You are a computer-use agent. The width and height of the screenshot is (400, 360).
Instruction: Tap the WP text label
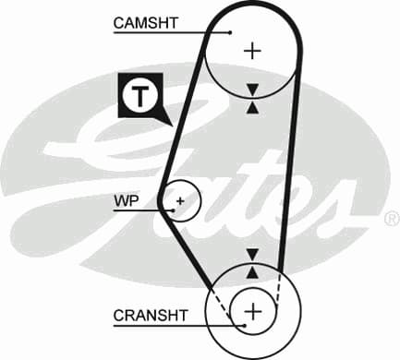point(126,199)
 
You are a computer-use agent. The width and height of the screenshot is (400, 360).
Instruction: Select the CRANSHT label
point(151,316)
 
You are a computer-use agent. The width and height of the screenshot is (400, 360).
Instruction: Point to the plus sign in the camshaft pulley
point(251,50)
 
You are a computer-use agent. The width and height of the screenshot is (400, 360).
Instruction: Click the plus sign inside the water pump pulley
point(181,199)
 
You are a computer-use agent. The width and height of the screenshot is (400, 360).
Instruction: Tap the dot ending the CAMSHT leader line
point(231,32)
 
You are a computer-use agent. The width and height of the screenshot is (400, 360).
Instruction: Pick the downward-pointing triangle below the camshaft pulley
point(252,90)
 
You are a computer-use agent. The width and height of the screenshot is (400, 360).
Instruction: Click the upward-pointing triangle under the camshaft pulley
point(252,106)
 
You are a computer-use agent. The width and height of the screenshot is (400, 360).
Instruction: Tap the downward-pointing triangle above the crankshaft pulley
point(252,254)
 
